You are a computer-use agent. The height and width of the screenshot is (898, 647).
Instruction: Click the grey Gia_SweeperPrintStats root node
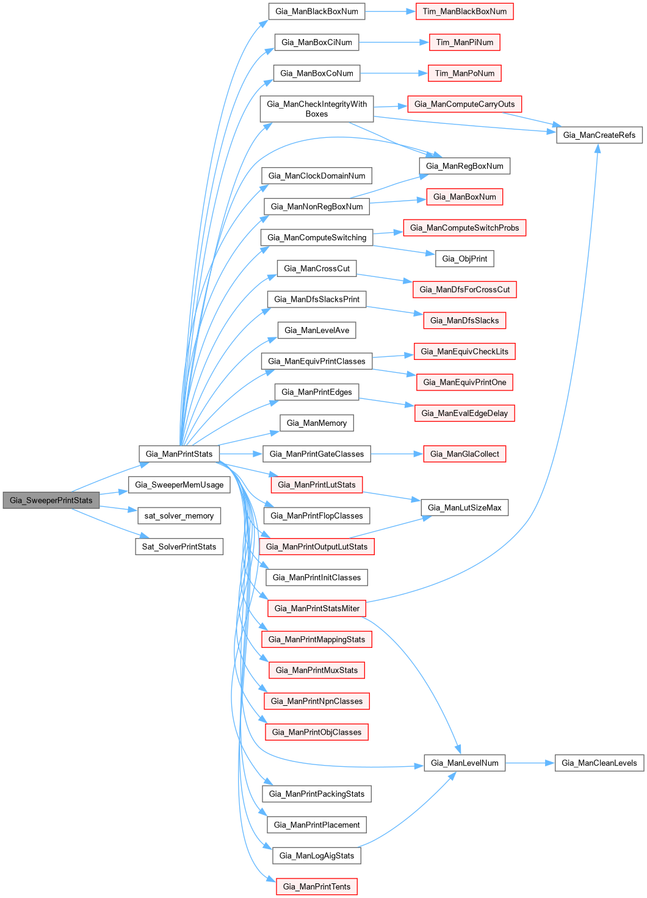51,500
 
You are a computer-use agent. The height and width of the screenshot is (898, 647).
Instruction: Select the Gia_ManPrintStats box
179,454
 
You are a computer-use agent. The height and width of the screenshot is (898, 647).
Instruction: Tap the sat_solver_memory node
179,516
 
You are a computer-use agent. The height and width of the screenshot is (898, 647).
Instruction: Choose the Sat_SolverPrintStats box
179,547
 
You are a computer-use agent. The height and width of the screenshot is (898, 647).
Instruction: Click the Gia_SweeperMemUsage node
179,485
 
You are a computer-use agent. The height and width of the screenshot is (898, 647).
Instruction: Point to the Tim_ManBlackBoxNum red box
464,12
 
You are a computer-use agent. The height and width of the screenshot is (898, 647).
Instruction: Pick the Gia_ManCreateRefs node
599,135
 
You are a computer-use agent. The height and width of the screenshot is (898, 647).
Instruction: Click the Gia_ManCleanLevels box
599,763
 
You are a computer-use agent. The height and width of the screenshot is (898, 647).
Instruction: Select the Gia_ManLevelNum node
464,763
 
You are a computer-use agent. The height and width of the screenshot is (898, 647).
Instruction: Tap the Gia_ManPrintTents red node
316,887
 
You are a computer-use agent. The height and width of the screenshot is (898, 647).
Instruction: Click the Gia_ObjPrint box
464,259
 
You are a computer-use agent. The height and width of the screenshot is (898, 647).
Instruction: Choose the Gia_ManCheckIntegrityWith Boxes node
316,109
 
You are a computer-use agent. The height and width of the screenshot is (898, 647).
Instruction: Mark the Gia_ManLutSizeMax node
464,508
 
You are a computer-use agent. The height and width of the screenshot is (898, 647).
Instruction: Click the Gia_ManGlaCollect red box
464,454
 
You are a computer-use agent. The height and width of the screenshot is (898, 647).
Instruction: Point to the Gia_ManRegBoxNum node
464,166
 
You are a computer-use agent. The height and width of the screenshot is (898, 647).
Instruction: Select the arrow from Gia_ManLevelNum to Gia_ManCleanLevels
530,763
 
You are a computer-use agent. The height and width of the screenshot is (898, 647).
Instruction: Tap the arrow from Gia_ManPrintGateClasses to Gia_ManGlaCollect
397,454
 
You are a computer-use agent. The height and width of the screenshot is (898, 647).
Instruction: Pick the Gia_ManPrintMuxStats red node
316,670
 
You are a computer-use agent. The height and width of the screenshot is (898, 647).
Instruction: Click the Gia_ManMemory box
316,423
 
